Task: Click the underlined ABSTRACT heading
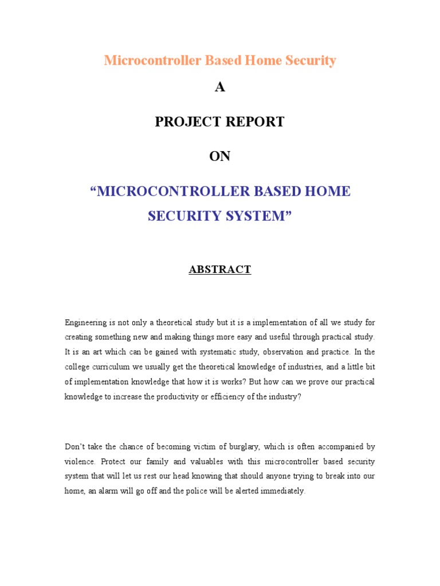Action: point(220,270)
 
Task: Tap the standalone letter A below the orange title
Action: point(219,87)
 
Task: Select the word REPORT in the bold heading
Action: point(256,122)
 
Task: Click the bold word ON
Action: point(219,156)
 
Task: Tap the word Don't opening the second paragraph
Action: point(75,446)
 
